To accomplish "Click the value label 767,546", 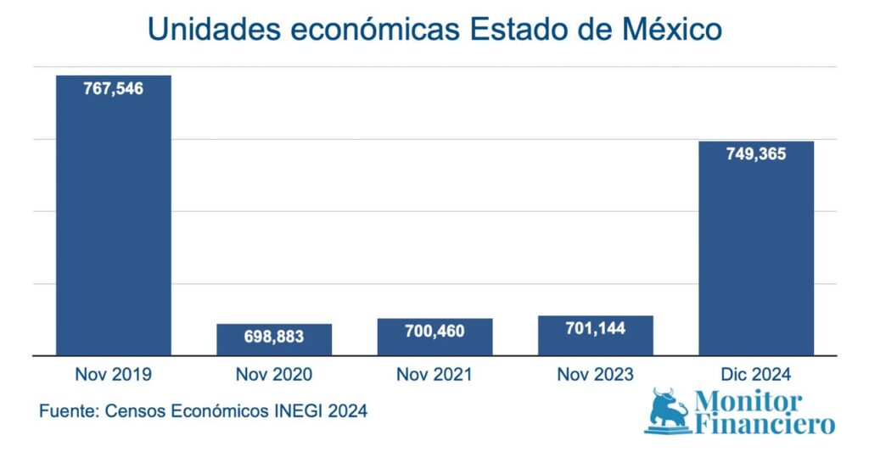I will pos(114,87).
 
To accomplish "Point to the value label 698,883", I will pos(274,337).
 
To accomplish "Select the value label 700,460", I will pos(434,332).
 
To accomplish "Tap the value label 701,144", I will pos(596,328).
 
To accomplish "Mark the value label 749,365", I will pos(756,154).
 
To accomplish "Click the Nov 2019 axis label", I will pos(114,374).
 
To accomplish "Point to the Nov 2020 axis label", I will pos(274,374).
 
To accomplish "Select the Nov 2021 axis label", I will pos(434,374).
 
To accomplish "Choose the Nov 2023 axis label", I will pos(596,374).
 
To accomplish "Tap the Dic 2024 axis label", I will pos(756,374).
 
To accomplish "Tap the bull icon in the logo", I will pos(670,410).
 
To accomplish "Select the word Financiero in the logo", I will pos(765,424).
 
